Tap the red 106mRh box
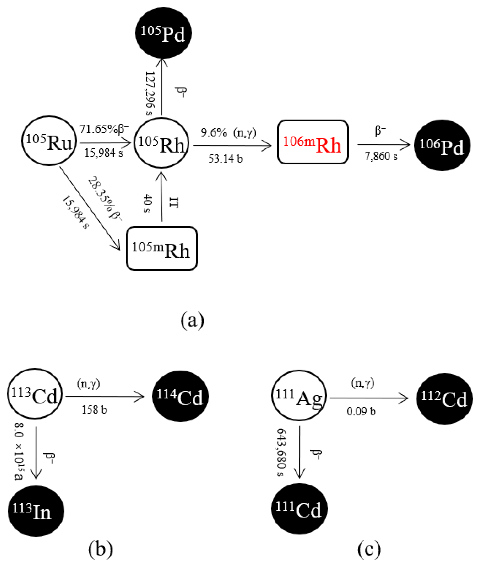(x=313, y=142)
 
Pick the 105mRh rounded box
(x=162, y=248)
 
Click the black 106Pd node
(x=442, y=145)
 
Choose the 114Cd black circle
(x=180, y=396)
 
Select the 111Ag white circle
(x=299, y=395)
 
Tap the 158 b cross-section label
(x=94, y=410)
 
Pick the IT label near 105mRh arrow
(x=173, y=203)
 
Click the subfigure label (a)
(x=192, y=321)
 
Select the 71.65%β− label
(x=104, y=129)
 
